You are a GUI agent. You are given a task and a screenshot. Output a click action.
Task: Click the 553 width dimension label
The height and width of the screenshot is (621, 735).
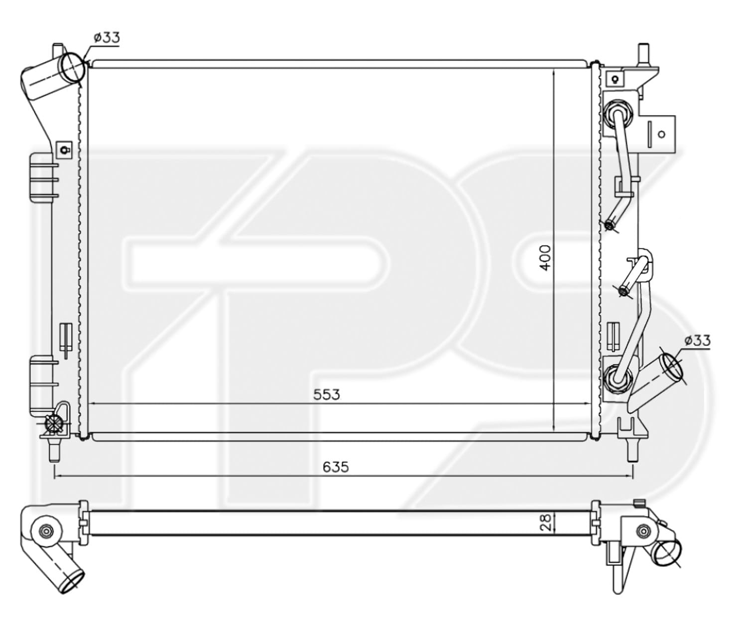(326, 394)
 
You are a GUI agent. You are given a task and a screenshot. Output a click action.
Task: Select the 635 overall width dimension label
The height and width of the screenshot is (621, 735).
(336, 467)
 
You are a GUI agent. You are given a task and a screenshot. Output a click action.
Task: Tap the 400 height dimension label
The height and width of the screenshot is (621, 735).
(545, 258)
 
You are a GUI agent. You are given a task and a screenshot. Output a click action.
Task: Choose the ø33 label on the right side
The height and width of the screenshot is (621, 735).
(697, 341)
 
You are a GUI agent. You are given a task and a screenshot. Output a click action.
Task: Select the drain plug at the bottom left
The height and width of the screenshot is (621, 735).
(53, 424)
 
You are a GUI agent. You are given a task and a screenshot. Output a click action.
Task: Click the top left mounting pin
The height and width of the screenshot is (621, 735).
(57, 50)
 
